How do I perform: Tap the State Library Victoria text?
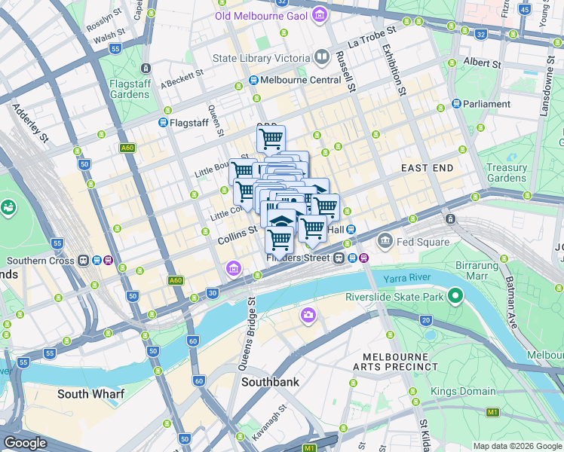(261, 58)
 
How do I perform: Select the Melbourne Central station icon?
(254, 80)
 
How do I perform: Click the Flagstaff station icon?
(163, 122)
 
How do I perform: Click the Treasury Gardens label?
(506, 173)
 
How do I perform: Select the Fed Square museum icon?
(385, 241)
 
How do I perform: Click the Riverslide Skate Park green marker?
(455, 296)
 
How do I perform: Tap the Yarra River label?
(409, 278)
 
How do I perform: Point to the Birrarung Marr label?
(477, 270)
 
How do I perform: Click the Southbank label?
(270, 382)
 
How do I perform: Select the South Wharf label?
(91, 394)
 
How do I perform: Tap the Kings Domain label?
(463, 391)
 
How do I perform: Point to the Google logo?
(26, 443)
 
